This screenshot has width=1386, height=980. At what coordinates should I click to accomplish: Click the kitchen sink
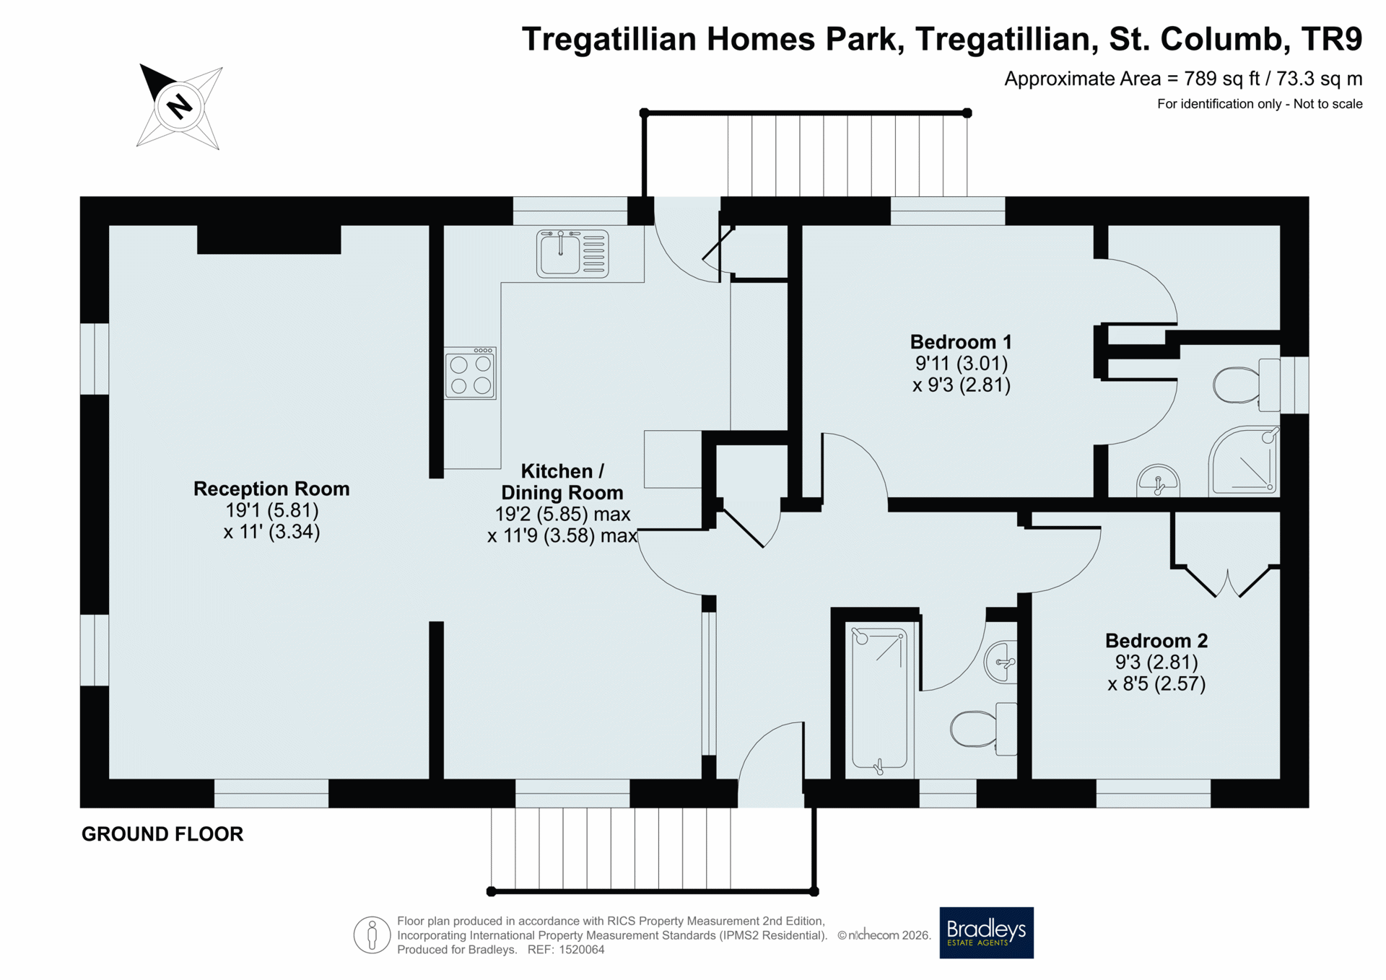(x=572, y=253)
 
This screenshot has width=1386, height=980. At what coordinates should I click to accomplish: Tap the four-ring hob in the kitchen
(x=471, y=373)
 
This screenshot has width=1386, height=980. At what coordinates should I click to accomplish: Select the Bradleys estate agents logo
(x=986, y=932)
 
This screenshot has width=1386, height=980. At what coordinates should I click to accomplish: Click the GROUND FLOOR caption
(x=162, y=834)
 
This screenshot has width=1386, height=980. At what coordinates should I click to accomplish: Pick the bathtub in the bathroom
(x=879, y=699)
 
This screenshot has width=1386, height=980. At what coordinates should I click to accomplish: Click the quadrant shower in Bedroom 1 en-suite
(x=1244, y=462)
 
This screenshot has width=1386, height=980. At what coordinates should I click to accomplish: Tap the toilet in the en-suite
(x=1247, y=385)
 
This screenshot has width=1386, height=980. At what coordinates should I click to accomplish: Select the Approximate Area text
(x=1183, y=79)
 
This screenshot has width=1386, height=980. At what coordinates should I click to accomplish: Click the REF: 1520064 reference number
(x=566, y=950)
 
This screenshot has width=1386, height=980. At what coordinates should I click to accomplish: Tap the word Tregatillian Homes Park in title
(x=712, y=39)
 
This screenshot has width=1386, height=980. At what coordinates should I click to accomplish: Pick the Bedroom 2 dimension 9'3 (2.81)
(x=1156, y=662)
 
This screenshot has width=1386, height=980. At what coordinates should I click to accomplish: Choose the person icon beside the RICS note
(x=372, y=935)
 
